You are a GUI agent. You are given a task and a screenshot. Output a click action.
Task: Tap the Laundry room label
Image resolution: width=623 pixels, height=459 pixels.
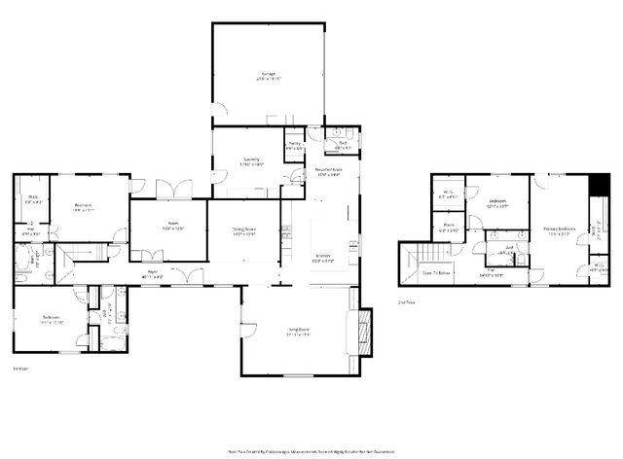point(250,160)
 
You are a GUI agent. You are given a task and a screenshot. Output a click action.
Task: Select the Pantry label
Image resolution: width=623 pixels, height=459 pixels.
point(295,146)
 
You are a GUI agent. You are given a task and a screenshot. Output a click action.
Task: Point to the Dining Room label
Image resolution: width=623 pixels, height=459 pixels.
point(243,231)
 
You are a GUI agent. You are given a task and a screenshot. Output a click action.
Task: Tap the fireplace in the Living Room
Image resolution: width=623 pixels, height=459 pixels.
point(366,329)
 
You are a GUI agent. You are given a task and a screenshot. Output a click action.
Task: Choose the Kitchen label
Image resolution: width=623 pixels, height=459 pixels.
point(322,259)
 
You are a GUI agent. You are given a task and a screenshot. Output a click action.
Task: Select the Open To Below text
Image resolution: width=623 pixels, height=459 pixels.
point(435,273)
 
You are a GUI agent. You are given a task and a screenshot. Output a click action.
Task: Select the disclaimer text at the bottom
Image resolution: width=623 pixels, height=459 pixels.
point(311,451)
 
